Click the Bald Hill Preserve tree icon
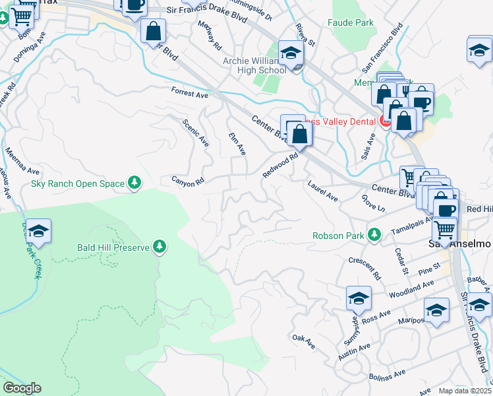(159, 247)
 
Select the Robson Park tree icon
(374, 235)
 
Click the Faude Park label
(351, 22)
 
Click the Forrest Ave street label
(189, 93)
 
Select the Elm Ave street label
(237, 144)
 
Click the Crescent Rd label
(365, 267)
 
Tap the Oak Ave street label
(304, 341)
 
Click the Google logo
(22, 387)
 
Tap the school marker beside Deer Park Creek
(38, 232)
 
